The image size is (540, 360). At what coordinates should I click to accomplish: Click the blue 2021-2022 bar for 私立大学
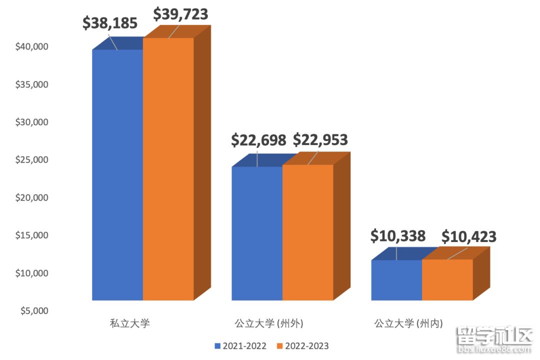117,175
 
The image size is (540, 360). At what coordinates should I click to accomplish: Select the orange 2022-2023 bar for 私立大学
168,170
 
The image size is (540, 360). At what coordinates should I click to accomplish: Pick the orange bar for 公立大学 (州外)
308,232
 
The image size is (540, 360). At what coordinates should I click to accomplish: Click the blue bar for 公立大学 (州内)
396,280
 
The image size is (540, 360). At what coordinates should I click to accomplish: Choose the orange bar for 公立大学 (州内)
447,279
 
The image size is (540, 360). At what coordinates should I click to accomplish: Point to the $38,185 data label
110,23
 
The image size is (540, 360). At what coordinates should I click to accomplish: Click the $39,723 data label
180,14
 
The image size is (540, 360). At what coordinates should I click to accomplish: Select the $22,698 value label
258,140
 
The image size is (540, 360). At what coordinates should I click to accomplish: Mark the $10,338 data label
398,236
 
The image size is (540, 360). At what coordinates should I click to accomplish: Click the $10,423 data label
469,236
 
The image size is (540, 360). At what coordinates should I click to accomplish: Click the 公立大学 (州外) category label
269,323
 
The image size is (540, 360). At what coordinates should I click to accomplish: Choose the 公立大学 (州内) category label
408,323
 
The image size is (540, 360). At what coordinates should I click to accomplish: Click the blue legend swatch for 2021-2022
217,346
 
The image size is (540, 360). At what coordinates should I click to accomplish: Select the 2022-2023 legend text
307,346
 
